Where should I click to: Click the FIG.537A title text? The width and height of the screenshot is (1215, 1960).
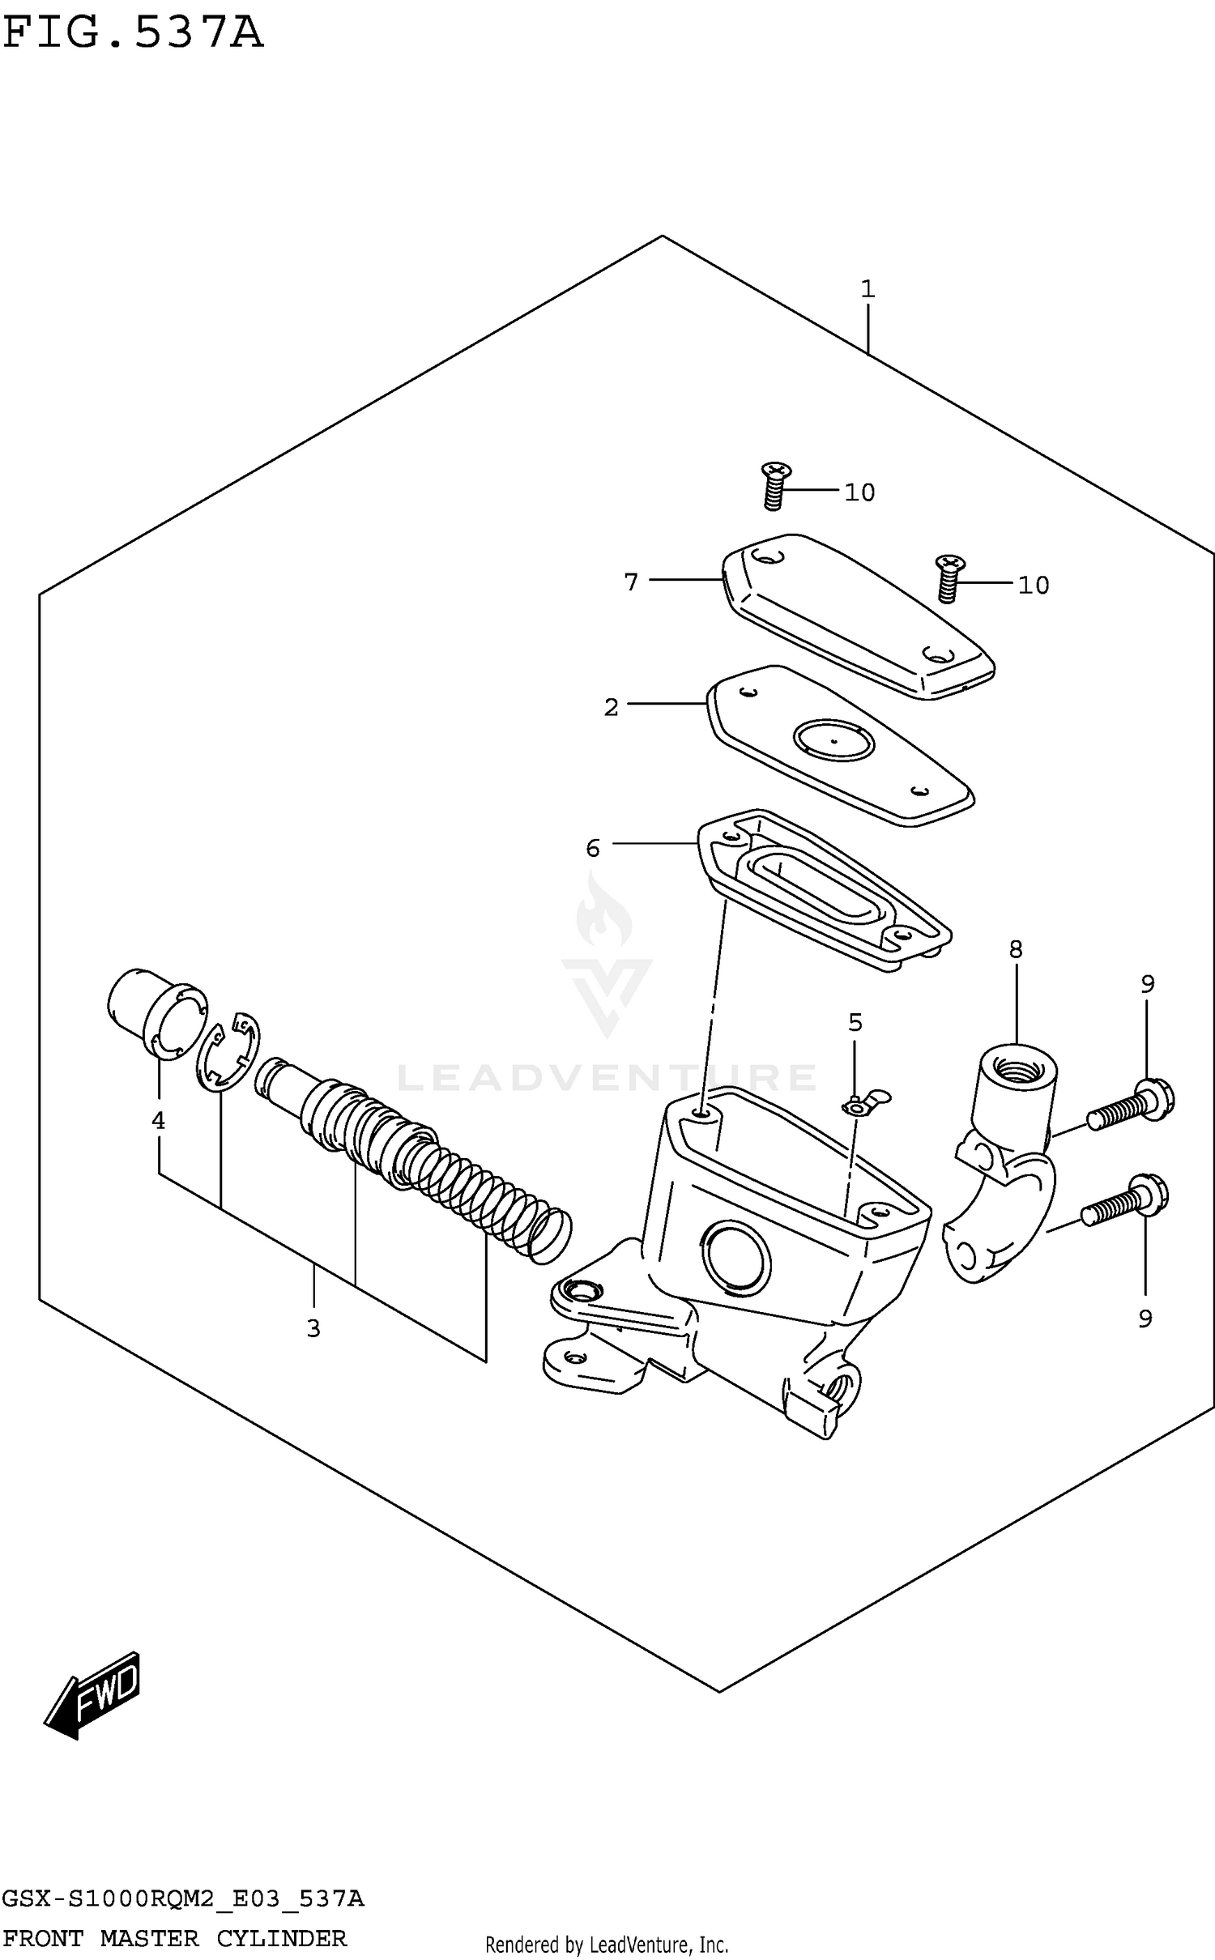[134, 34]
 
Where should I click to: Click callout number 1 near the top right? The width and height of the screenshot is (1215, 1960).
[868, 289]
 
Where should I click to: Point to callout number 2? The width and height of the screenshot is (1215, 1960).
[611, 707]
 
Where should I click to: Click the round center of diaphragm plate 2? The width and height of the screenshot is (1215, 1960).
[833, 740]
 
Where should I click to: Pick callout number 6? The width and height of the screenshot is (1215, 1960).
[593, 848]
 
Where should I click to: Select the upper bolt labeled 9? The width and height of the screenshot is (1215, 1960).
[1131, 1106]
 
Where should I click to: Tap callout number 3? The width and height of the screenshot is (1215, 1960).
[313, 1328]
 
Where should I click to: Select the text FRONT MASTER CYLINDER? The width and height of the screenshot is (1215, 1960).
[175, 1938]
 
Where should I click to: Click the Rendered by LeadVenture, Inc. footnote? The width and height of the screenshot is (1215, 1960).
[607, 1945]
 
